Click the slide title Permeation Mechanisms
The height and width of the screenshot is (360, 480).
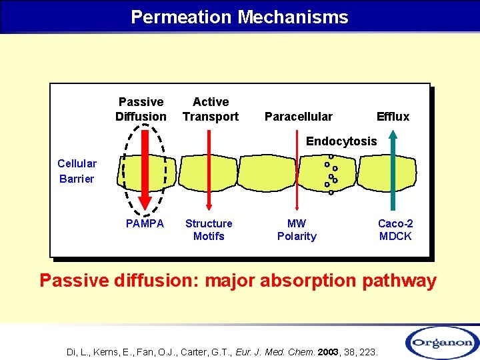click(239, 17)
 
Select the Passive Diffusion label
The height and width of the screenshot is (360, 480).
click(141, 109)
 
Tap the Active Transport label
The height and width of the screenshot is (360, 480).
click(211, 109)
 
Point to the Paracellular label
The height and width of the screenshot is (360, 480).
click(298, 117)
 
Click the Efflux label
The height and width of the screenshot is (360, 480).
click(393, 117)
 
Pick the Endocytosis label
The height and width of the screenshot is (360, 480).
click(341, 141)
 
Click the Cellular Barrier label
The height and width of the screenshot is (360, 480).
click(77, 171)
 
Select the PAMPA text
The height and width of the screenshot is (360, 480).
click(145, 223)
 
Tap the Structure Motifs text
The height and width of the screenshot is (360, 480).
click(209, 230)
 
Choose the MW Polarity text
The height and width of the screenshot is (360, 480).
click(297, 230)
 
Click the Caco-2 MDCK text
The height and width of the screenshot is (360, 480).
click(395, 230)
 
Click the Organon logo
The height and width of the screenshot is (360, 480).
click(441, 342)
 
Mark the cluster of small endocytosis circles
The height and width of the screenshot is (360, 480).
click(331, 175)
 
